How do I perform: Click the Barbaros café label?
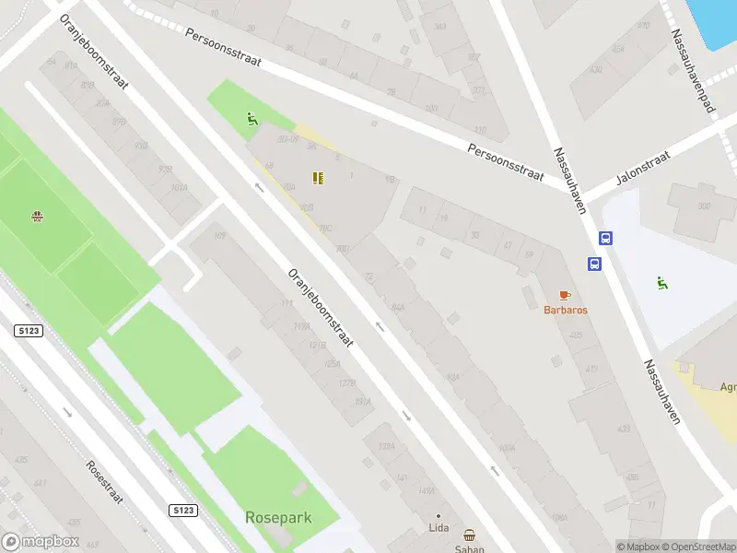point(565,310)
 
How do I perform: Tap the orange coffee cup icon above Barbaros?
point(565,295)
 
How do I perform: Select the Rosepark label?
point(278,518)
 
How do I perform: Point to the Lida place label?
point(439,528)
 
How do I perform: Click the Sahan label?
point(469,548)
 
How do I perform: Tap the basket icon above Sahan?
point(470,535)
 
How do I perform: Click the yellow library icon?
point(318,178)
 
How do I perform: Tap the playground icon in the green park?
point(251,118)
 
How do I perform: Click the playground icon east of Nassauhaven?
point(661,282)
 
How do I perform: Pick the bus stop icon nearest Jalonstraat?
point(605,238)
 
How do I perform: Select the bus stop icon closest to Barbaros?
point(595,265)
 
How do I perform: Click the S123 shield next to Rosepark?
point(182,509)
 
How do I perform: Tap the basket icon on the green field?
point(38,218)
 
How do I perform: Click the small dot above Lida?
point(439,515)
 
